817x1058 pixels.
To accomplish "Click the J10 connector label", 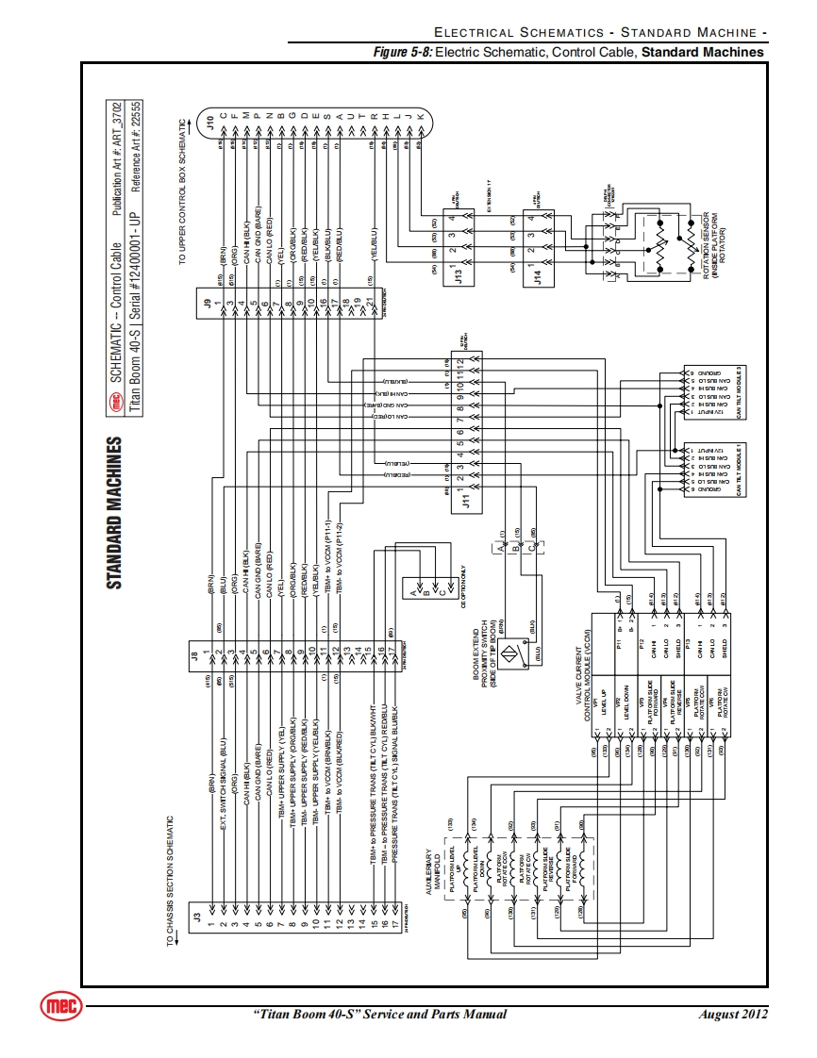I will pyautogui.click(x=209, y=120).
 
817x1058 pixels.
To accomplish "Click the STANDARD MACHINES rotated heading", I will pyautogui.click(x=114, y=512).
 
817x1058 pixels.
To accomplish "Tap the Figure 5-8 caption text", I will pyautogui.click(x=569, y=52).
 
